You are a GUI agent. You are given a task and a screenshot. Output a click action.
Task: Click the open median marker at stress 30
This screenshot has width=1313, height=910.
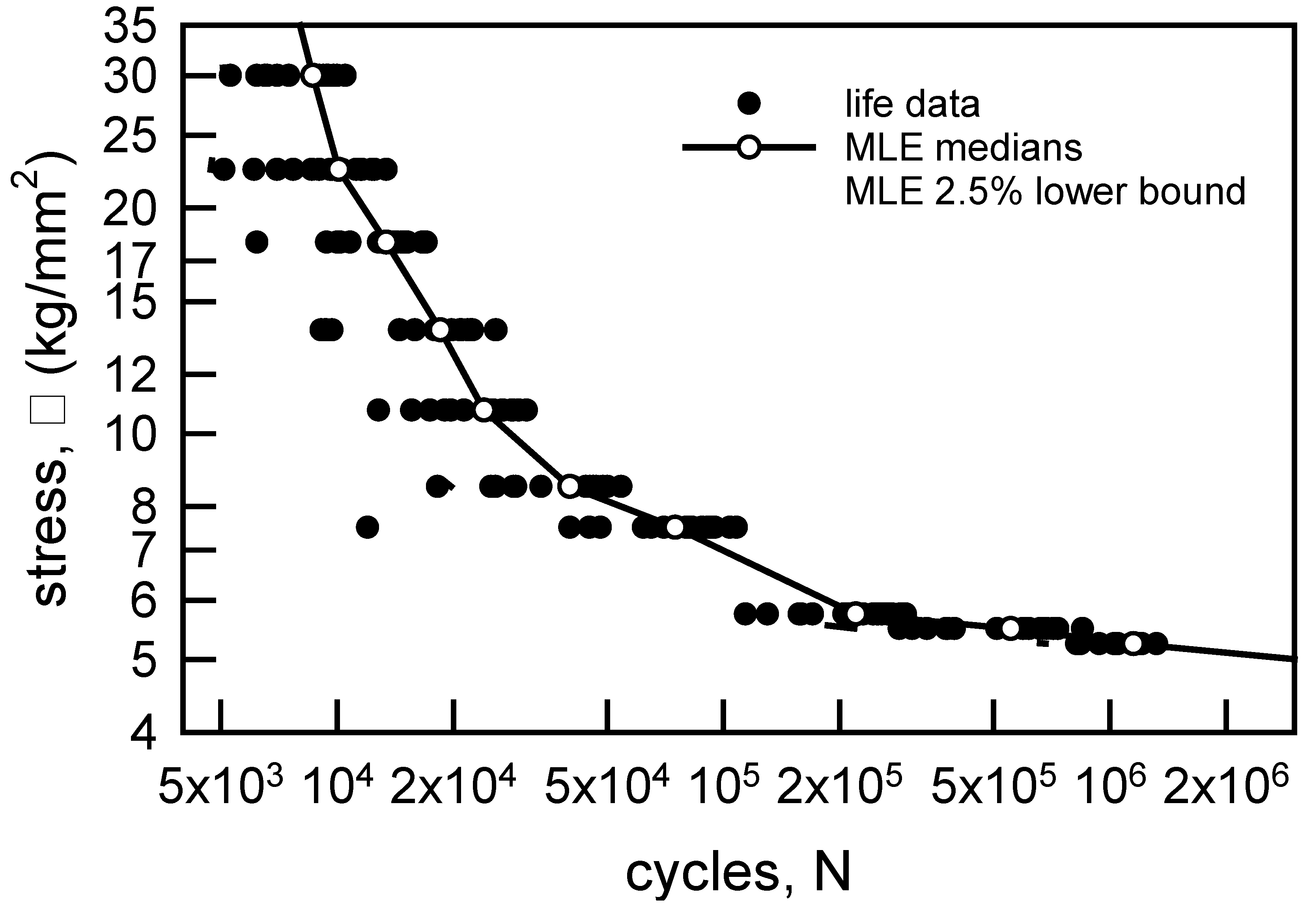pyautogui.click(x=312, y=75)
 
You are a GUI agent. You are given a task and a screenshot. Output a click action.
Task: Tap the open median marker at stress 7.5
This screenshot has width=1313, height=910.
pyautogui.click(x=675, y=527)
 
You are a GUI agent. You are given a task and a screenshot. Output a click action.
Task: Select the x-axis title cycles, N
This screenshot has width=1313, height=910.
pyautogui.click(x=738, y=873)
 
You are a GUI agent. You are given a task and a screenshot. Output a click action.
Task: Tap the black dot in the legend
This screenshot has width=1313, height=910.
pyautogui.click(x=749, y=103)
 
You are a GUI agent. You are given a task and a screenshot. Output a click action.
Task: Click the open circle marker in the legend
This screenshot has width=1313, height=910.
pyautogui.click(x=749, y=147)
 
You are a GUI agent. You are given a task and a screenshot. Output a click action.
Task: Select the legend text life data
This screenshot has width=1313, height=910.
pyautogui.click(x=912, y=104)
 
